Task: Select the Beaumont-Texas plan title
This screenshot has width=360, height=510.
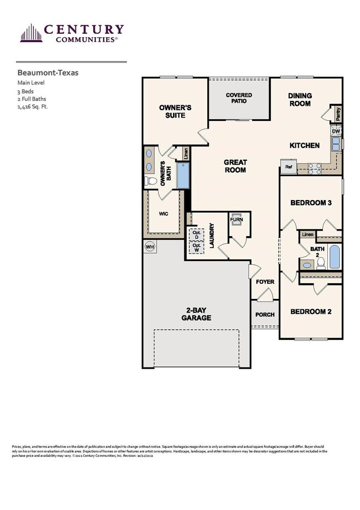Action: click(x=40, y=72)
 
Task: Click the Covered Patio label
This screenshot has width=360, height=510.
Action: click(x=239, y=99)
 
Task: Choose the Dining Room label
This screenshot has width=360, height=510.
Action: click(x=300, y=100)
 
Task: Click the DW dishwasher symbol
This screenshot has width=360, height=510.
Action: click(x=336, y=131)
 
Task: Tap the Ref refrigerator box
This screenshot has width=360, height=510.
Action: click(x=289, y=166)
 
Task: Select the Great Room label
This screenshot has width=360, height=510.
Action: click(x=235, y=166)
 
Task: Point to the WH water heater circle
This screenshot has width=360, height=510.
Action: click(x=150, y=246)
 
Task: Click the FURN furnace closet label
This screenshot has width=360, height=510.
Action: click(x=236, y=220)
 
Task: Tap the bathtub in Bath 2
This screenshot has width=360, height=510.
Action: click(x=335, y=256)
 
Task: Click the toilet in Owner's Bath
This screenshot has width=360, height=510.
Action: click(x=148, y=181)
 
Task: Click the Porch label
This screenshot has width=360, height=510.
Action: click(x=265, y=314)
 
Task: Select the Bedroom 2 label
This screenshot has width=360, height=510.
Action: click(x=311, y=312)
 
